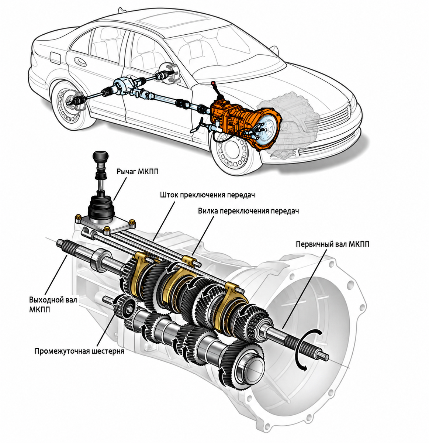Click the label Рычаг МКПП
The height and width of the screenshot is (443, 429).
(137, 171)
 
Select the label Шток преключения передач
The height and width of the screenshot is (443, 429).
(207, 195)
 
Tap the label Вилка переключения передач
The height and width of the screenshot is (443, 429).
(248, 211)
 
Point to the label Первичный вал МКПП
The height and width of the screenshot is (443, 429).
(333, 244)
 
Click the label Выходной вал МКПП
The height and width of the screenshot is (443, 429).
(53, 304)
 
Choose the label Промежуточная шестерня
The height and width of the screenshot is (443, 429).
(79, 351)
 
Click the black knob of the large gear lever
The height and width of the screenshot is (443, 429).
(100, 157)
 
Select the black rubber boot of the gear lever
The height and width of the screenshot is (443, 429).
(101, 208)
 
